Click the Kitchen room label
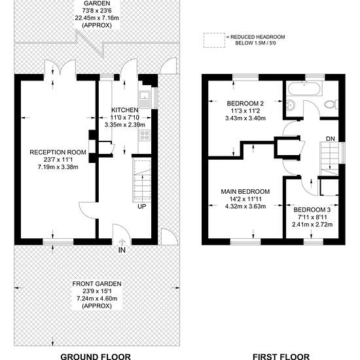(x=124, y=110)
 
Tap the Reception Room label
(x=58, y=153)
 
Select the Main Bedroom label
(x=245, y=192)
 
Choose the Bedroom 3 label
(x=312, y=209)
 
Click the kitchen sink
(x=145, y=99)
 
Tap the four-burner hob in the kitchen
(x=145, y=135)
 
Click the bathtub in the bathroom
(x=304, y=89)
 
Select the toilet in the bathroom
(x=331, y=104)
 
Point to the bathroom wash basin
(x=291, y=105)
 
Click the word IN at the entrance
(x=122, y=250)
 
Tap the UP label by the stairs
(x=141, y=206)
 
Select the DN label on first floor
(x=331, y=139)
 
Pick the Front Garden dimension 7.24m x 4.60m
(x=97, y=298)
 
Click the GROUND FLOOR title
(x=96, y=357)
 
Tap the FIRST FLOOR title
(x=281, y=357)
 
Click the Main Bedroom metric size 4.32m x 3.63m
(x=245, y=206)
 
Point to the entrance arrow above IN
(x=122, y=242)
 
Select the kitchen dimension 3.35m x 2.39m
(x=125, y=124)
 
